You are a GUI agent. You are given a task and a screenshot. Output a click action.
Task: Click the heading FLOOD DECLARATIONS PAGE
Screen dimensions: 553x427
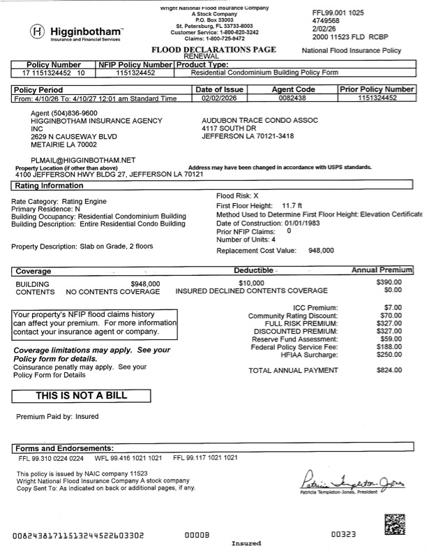(213, 50)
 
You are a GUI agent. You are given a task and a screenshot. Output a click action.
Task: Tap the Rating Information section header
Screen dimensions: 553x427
(45, 186)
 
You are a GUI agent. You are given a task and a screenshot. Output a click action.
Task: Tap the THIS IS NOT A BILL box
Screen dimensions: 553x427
(82, 396)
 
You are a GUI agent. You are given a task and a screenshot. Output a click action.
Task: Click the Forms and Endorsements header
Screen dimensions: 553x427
(63, 447)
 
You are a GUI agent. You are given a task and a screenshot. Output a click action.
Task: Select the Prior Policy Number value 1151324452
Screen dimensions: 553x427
(376, 99)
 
